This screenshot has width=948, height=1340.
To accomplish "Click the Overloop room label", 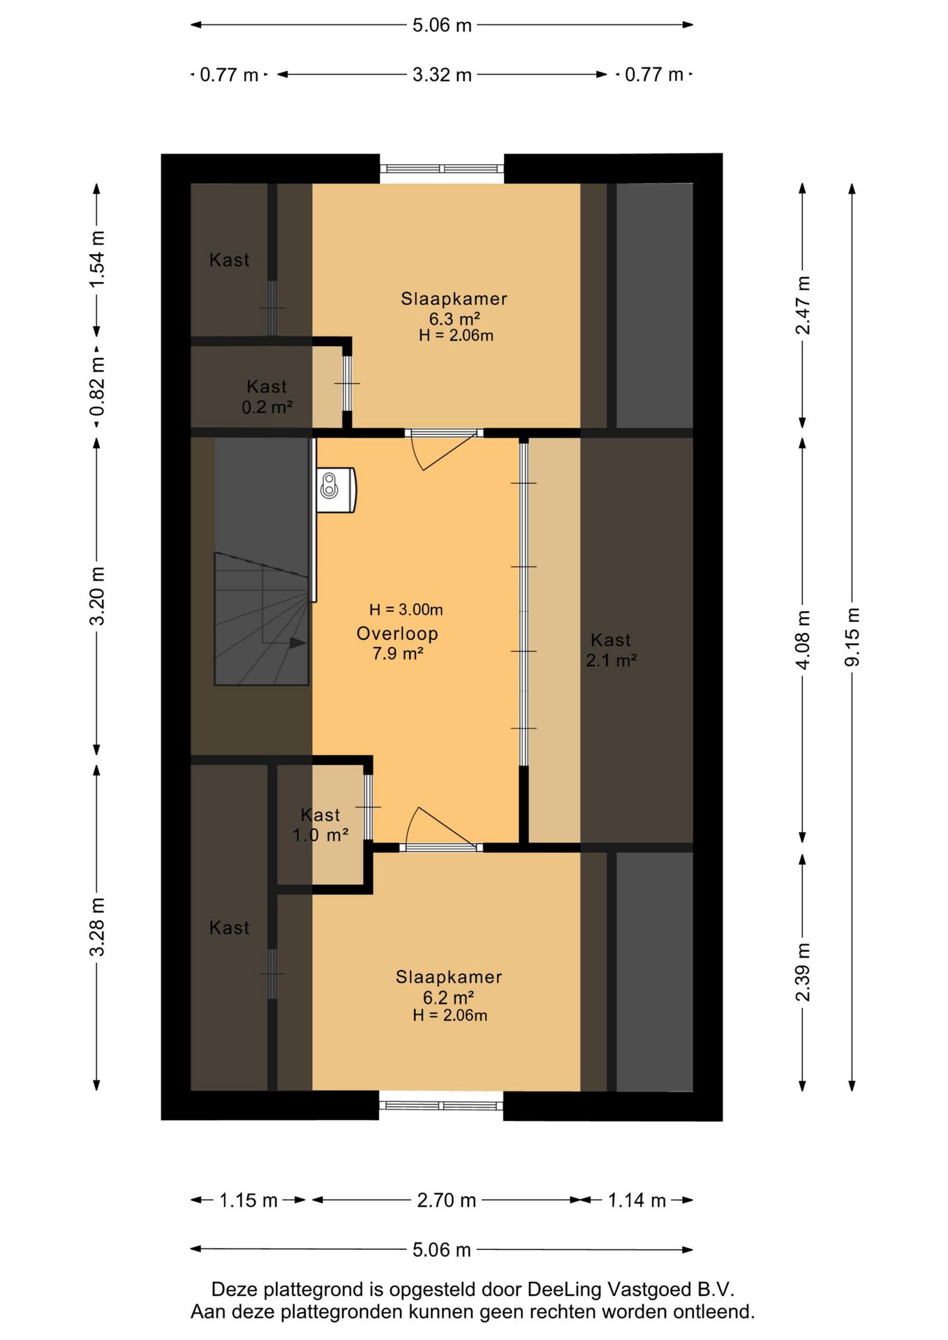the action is (397, 634).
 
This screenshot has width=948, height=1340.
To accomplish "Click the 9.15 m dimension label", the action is (852, 636).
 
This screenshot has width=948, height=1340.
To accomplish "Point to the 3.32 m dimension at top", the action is (442, 75).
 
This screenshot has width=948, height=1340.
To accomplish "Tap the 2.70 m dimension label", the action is (446, 1200).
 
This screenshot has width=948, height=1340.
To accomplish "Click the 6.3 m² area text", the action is (454, 319).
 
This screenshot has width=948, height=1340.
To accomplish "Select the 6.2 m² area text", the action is (449, 998).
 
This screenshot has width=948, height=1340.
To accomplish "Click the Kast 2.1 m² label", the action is (611, 650).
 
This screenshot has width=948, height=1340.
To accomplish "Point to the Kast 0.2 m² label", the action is (267, 396).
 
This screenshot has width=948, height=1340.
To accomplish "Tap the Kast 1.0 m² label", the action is (320, 825).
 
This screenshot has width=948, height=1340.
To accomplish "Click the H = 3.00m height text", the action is (406, 609).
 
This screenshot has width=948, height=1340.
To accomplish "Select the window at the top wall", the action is (442, 169).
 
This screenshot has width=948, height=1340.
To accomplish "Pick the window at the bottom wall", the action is (441, 1105).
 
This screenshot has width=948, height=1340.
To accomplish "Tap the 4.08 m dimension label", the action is (803, 639).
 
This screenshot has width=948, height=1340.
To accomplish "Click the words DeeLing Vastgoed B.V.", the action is (631, 1289).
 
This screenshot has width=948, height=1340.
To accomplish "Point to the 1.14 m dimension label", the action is (637, 1200).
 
